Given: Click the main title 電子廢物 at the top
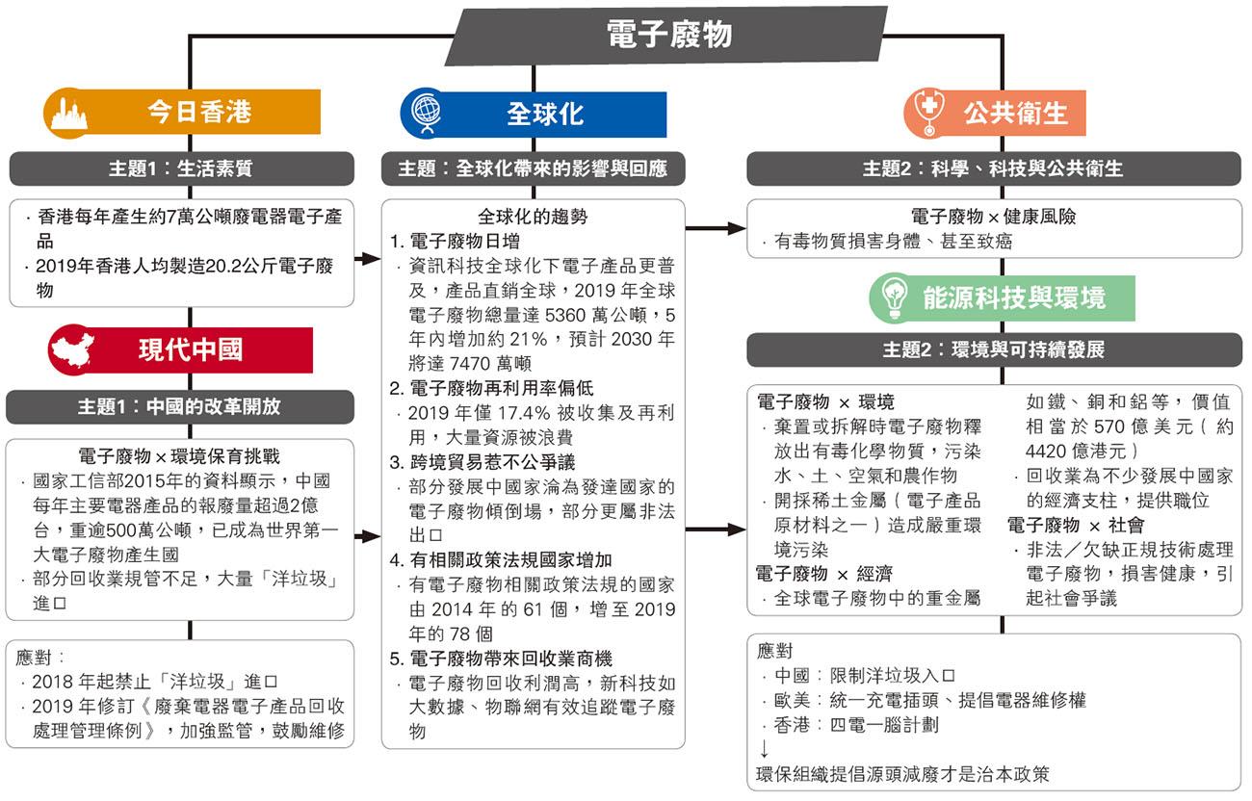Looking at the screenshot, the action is [x=669, y=34].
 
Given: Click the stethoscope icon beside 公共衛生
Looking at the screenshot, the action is [x=928, y=112].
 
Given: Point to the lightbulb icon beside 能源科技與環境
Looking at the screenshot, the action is [x=894, y=297].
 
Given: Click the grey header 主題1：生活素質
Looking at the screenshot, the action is [x=182, y=168].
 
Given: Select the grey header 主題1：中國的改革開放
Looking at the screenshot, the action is [x=180, y=406].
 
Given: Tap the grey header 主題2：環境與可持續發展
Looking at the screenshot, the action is [x=994, y=349].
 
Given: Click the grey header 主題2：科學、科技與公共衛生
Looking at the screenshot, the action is [x=994, y=168].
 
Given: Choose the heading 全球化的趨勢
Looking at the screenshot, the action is [x=533, y=217].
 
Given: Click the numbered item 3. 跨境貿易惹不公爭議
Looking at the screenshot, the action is [x=483, y=462].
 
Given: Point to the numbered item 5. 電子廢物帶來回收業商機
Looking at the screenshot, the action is [x=501, y=659].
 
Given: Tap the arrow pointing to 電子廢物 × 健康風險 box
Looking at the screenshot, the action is [x=716, y=228].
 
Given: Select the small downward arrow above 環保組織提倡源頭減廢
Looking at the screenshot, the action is [x=764, y=748].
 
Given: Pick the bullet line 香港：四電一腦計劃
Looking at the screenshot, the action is [x=856, y=725].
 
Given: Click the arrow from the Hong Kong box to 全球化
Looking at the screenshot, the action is [x=367, y=259].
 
